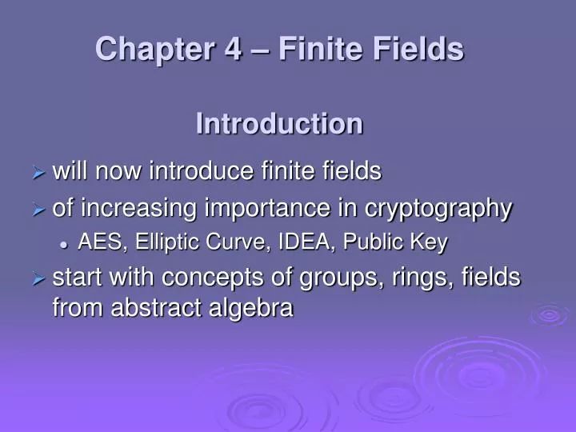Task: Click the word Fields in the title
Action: tap(421, 50)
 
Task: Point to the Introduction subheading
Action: tap(279, 124)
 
